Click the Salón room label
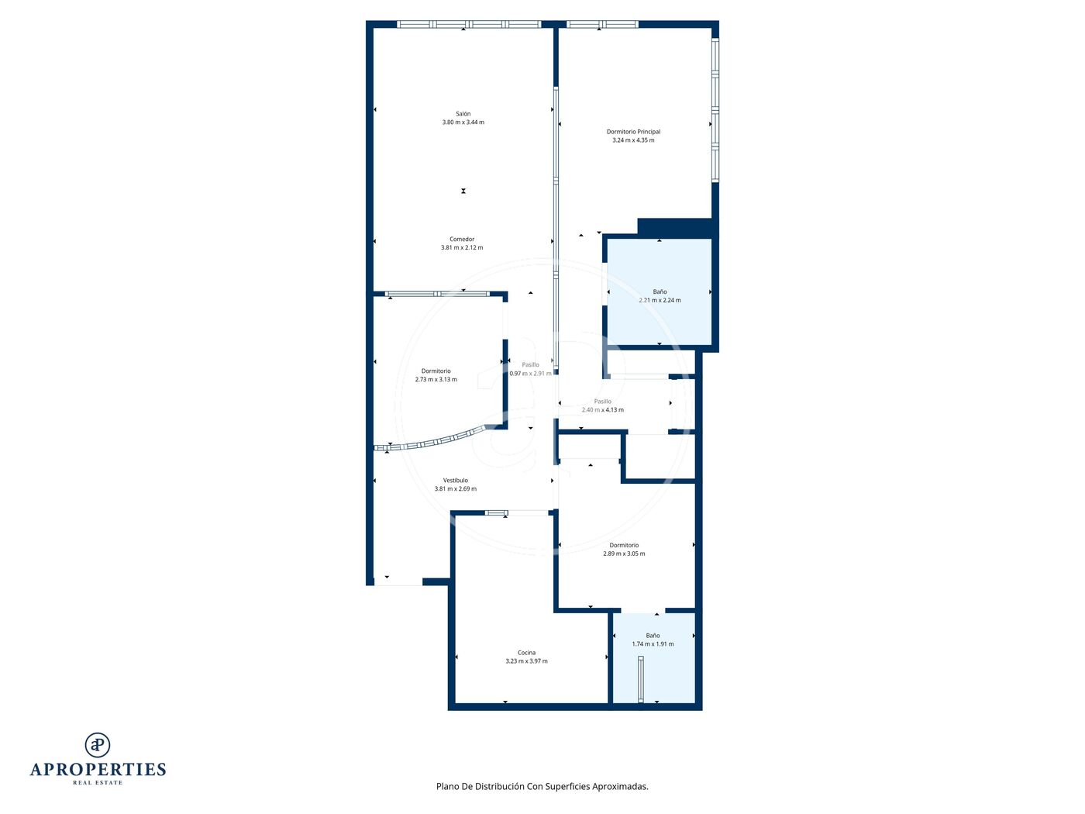click(463, 114)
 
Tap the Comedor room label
click(462, 240)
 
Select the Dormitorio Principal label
click(632, 132)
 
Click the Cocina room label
click(526, 653)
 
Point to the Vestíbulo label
click(455, 481)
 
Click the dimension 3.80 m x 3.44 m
click(463, 122)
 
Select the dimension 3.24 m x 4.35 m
click(632, 140)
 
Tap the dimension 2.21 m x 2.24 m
click(660, 300)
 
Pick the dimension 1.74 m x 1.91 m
click(653, 644)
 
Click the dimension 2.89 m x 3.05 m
click(623, 554)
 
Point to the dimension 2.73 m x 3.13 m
click(436, 380)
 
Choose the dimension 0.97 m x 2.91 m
click(530, 374)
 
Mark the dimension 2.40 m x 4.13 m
click(602, 410)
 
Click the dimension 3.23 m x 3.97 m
click(526, 661)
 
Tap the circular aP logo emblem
click(98, 745)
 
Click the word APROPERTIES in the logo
click(98, 770)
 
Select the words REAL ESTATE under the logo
click(98, 782)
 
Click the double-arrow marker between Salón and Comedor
click(463, 191)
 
